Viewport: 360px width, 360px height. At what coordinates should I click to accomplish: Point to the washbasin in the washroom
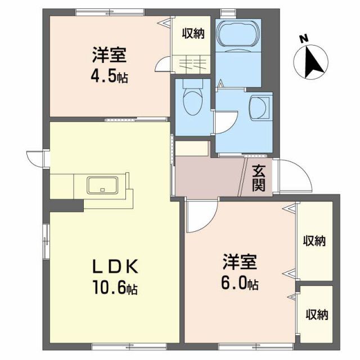(260, 106)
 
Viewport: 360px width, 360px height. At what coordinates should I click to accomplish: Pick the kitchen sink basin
(102, 184)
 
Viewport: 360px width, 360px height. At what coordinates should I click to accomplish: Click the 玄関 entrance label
(258, 178)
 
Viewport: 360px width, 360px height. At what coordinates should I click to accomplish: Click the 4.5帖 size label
(110, 76)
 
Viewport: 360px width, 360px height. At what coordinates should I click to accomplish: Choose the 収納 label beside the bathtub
(193, 33)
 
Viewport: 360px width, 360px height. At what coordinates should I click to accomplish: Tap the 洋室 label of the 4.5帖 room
(110, 55)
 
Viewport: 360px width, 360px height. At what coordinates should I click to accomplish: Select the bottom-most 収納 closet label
(317, 315)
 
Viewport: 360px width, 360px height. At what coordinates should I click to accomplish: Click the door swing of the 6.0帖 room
(200, 217)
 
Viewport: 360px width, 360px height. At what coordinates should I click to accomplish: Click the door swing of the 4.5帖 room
(164, 63)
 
